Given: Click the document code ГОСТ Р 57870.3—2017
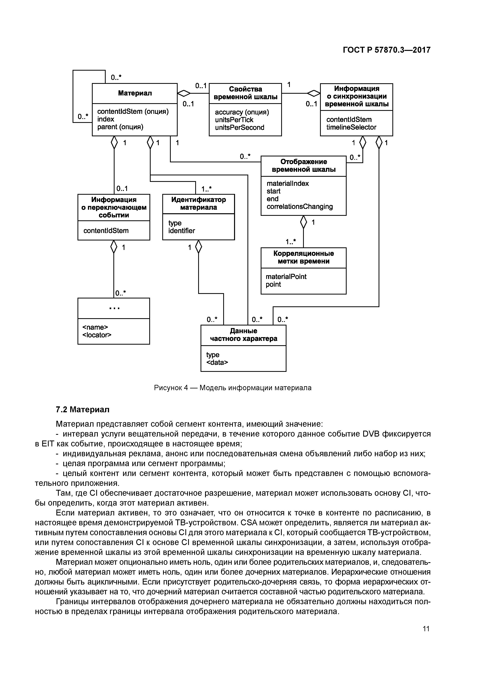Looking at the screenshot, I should [x=386, y=50].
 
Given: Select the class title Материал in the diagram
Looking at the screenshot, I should [x=135, y=93].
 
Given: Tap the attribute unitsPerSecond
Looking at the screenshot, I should [x=240, y=127].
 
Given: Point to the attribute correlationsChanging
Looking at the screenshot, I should [x=300, y=207].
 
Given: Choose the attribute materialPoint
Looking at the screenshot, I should [x=286, y=276].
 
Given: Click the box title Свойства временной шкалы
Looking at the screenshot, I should [x=245, y=93].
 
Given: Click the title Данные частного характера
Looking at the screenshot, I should [x=244, y=335].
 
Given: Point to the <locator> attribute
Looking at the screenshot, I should [x=97, y=335].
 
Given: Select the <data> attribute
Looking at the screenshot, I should [x=217, y=362].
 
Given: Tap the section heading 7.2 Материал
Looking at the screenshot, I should [x=83, y=410].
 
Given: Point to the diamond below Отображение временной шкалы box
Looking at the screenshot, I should [x=303, y=222].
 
